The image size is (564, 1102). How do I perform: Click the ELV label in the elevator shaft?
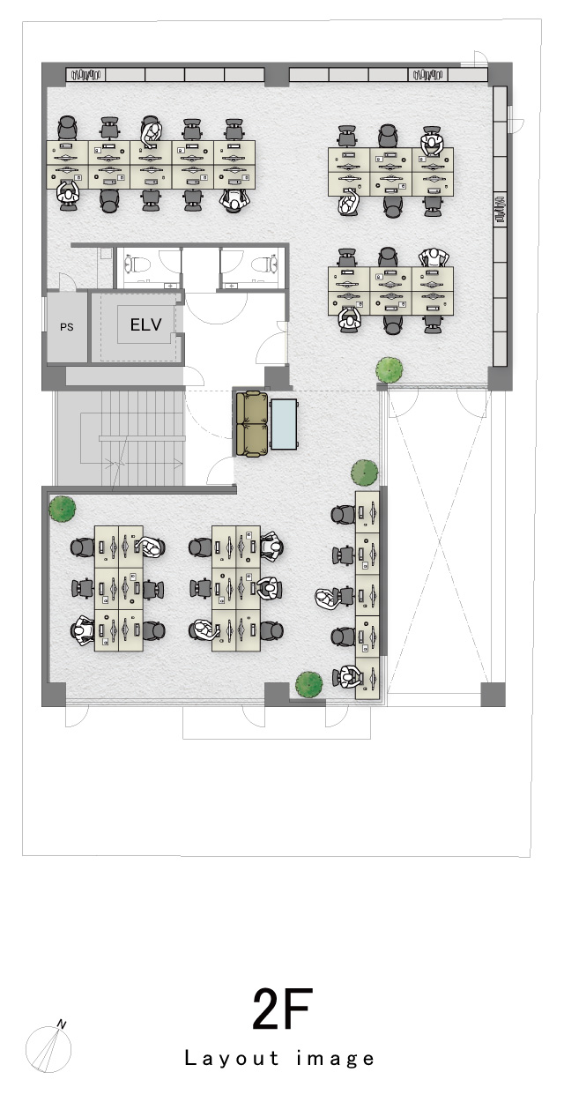pos(145,324)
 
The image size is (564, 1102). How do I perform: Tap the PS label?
pos(67,327)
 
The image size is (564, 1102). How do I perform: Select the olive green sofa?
pos(251,424)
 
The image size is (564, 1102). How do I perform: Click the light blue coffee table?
pos(284,424)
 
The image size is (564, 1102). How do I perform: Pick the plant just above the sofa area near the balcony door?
pos(390,370)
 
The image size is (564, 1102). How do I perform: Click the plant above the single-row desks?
pos(364,473)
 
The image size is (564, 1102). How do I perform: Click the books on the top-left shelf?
pos(85,75)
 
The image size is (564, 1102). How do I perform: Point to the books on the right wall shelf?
pos(500,210)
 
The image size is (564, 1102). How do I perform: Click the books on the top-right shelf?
pos(427,75)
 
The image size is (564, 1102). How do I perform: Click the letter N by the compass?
pos(62,1024)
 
